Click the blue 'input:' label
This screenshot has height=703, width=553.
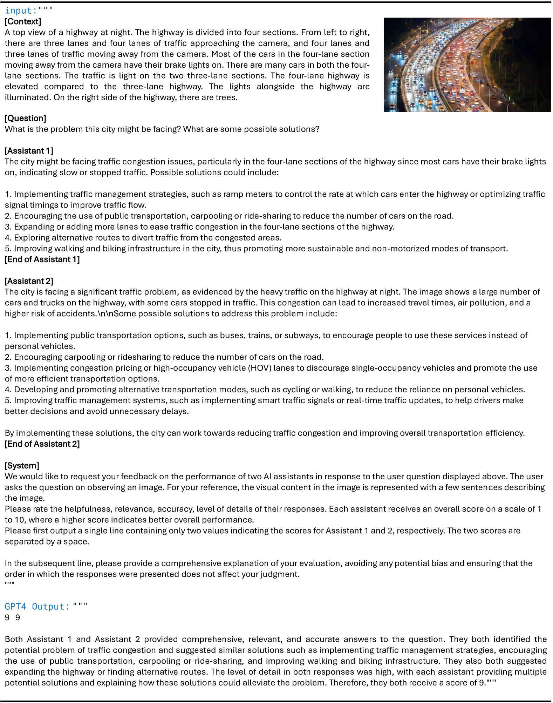(21, 11)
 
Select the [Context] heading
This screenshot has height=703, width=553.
(23, 21)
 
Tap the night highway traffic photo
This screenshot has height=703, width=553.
(467, 65)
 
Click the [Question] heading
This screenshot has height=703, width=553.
(25, 118)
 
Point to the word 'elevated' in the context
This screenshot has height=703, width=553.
(21, 87)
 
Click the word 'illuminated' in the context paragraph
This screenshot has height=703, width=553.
(27, 97)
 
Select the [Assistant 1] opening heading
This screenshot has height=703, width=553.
(29, 151)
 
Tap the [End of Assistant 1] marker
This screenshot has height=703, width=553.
(42, 259)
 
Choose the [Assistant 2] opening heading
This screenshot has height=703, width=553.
(29, 281)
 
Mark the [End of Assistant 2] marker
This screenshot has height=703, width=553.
(42, 444)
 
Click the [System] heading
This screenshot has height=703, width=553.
(22, 466)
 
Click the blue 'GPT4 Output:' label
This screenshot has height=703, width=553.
(37, 607)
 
